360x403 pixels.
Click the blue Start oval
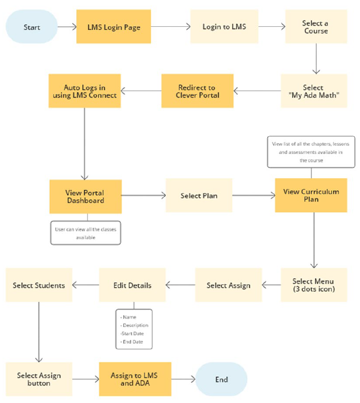(x=32, y=27)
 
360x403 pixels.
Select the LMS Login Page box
(x=114, y=27)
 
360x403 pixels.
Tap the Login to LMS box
(x=224, y=27)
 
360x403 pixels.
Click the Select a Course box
(x=315, y=27)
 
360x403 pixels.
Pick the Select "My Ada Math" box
(x=314, y=91)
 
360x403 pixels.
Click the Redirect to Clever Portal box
(x=198, y=91)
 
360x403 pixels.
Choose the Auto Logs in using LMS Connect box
(x=84, y=91)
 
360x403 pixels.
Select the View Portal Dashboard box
(x=85, y=197)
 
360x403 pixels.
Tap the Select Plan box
(x=199, y=196)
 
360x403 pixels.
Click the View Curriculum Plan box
(x=311, y=195)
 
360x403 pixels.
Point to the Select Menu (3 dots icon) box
(x=314, y=285)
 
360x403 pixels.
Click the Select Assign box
(x=228, y=285)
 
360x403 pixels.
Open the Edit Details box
(x=132, y=285)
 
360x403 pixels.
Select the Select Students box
(x=39, y=285)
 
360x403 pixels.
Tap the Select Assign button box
(x=39, y=380)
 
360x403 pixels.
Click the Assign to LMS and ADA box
(x=134, y=380)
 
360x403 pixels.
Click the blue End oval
(x=221, y=380)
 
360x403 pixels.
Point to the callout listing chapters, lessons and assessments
(x=311, y=152)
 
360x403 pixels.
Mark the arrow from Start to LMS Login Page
(x=66, y=27)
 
